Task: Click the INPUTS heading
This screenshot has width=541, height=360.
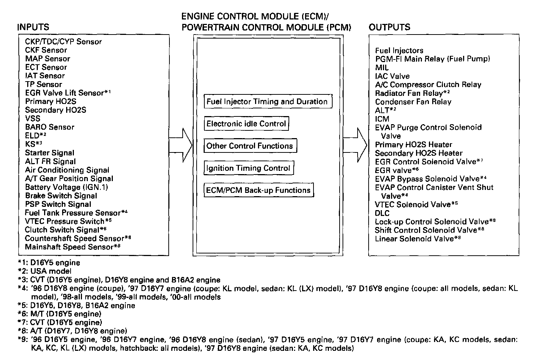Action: pos(33,27)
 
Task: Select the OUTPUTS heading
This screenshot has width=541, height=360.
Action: pos(390,27)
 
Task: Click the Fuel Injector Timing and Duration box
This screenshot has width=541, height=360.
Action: pos(268,102)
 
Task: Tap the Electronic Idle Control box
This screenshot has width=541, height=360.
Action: pos(246,124)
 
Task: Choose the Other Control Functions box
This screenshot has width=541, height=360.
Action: pos(250,146)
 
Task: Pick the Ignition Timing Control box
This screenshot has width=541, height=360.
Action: pos(248,168)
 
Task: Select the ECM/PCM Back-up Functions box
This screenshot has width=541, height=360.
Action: pos(259,190)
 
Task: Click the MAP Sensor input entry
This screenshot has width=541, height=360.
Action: pos(47,59)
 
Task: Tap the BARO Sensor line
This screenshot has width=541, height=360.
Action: pos(50,127)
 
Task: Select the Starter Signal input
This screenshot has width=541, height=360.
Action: pos(50,153)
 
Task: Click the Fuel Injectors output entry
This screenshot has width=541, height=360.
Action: pos(399,51)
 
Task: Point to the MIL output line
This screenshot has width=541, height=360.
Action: pos(381,68)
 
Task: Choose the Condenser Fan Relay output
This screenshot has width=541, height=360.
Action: pos(413,102)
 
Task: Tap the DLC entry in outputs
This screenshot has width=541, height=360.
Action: pos(382,213)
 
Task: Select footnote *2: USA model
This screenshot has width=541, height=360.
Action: pos(44,271)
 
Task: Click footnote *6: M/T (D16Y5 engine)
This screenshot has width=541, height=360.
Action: pos(60,314)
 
